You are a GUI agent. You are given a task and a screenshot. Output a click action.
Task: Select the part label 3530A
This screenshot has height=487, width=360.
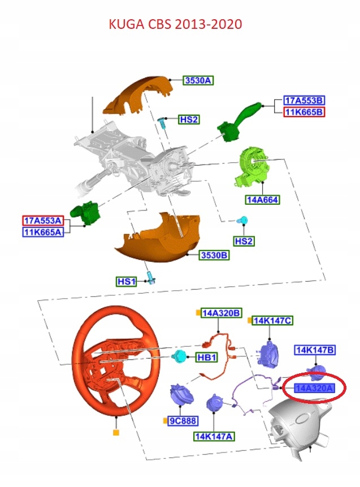tap(198, 81)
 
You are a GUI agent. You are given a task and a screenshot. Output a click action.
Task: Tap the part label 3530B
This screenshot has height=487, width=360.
tap(214, 256)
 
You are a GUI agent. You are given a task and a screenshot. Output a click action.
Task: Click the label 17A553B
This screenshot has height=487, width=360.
tap(305, 101)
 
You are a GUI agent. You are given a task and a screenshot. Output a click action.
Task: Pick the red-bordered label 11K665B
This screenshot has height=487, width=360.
tap(305, 112)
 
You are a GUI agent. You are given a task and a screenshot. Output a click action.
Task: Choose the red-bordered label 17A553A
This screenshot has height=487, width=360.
tap(44, 221)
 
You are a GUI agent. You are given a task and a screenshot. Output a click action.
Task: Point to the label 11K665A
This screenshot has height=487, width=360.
tap(44, 232)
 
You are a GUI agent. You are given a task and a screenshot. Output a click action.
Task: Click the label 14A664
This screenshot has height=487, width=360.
tap(262, 200)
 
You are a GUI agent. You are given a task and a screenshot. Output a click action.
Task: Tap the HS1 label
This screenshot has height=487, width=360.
tap(126, 281)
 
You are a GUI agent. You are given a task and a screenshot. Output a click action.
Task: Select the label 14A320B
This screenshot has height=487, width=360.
tap(222, 313)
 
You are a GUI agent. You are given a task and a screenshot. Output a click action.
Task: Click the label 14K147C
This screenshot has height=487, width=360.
tap(272, 321)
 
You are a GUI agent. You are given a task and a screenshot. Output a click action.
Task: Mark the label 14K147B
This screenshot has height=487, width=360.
tap(314, 350)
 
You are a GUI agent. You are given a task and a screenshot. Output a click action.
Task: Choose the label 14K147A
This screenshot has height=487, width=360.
tap(215, 436)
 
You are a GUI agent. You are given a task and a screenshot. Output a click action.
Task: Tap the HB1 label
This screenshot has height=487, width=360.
tap(206, 358)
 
